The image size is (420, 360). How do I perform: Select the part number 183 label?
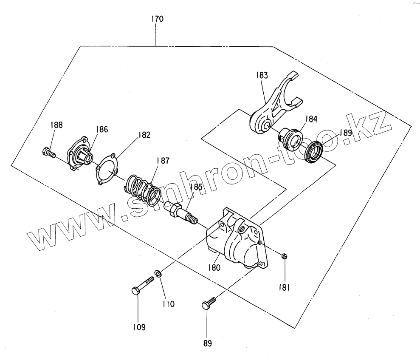[x=262, y=75]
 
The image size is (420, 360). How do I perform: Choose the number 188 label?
[x=56, y=125]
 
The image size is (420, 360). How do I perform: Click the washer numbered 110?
[x=158, y=275]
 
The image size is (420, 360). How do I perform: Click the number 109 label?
[x=138, y=327]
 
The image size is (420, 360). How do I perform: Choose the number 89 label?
[x=207, y=343]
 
